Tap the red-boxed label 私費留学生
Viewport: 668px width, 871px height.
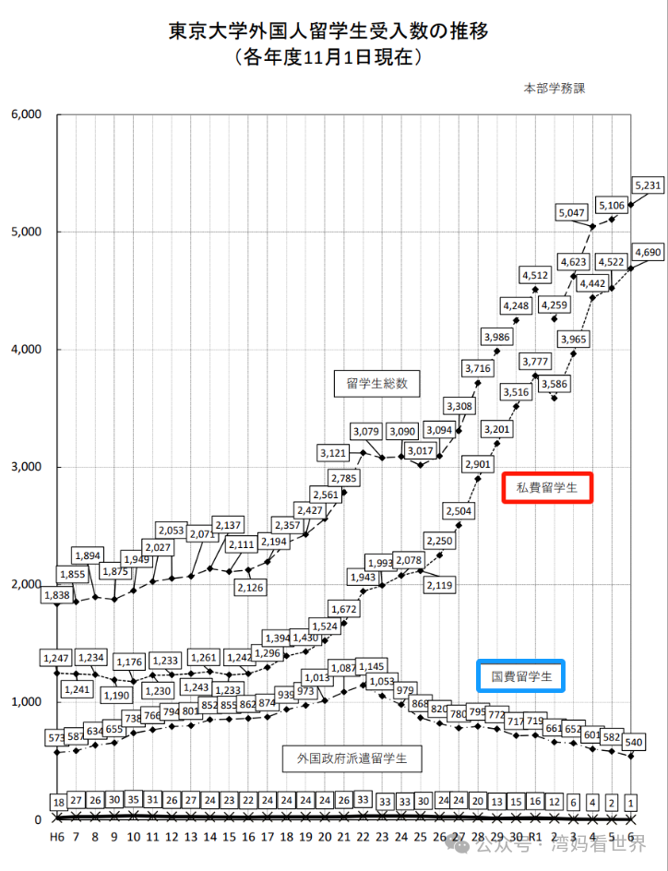[x=546, y=488]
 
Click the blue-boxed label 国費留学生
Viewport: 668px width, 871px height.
[x=521, y=676]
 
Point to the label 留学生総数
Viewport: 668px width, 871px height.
[x=376, y=384]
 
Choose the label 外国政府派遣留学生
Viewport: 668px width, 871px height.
[x=352, y=759]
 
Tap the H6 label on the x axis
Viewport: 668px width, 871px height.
[x=57, y=836]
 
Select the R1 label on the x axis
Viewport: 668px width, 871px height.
[x=535, y=836]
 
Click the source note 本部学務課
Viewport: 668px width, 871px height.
[x=555, y=89]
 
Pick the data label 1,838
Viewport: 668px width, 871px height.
[x=57, y=596]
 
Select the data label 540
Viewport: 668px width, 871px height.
[x=633, y=741]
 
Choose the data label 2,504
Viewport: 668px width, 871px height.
[x=459, y=511]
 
